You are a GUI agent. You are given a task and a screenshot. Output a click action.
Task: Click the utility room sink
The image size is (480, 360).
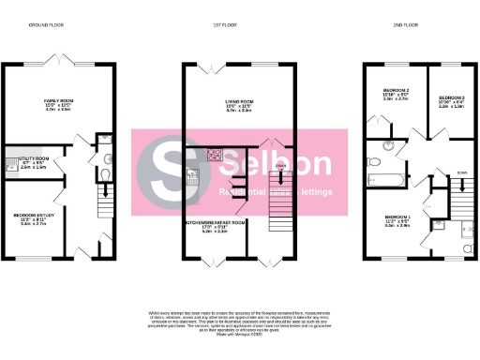(11, 161)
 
